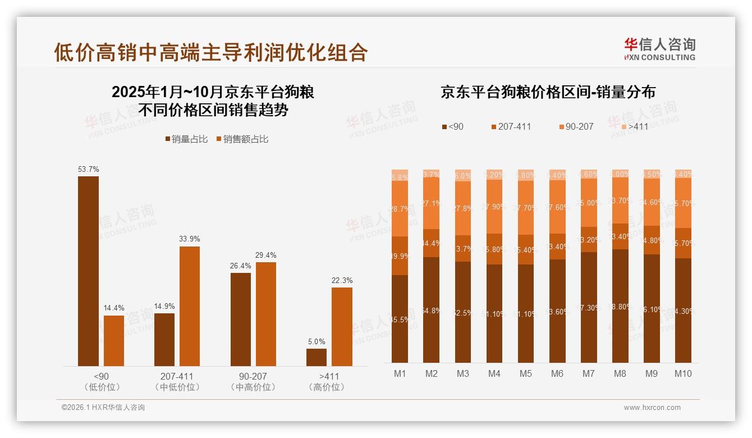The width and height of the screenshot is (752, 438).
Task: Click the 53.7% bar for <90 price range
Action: point(88,271)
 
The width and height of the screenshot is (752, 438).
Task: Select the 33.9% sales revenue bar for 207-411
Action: point(190,306)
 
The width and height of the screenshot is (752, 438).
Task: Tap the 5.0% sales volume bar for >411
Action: point(317,357)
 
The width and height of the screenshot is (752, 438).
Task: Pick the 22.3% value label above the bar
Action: point(342,280)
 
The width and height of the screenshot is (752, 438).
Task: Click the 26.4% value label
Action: point(240,266)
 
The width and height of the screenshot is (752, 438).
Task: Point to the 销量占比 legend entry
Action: point(187,139)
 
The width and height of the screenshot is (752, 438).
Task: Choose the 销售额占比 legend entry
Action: point(242,139)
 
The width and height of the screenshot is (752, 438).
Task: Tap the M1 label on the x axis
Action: point(400,373)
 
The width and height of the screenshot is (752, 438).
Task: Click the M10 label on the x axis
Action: point(683,373)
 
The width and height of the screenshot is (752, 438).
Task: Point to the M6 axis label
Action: point(557,373)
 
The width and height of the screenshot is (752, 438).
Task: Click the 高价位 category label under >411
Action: point(327,387)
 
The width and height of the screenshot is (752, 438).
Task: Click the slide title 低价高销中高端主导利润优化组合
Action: point(210,52)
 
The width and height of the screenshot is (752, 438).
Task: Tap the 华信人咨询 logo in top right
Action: point(659,48)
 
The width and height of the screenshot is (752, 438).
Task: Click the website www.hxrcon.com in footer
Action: point(652,408)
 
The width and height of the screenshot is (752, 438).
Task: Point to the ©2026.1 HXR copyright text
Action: point(103,408)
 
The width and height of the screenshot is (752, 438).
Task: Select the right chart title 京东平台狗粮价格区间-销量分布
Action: point(548,93)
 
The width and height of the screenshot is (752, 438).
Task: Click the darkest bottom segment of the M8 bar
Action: point(620,306)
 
